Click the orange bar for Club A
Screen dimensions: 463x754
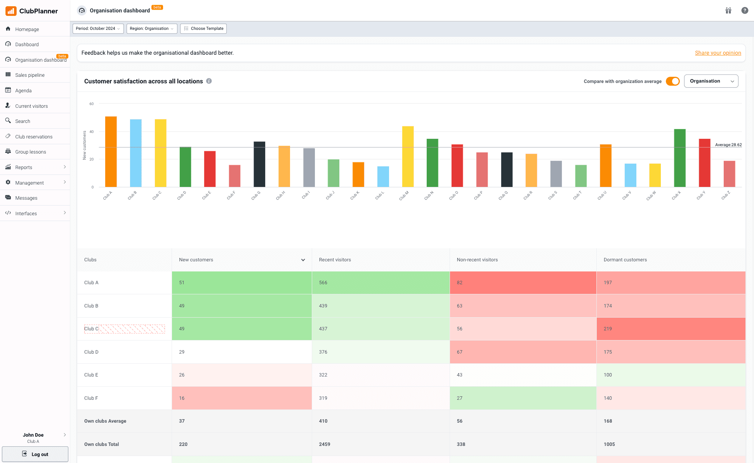pos(111,152)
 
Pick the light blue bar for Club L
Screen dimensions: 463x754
pos(383,176)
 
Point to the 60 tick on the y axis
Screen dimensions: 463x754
pos(92,104)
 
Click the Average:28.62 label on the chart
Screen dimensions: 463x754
pos(728,145)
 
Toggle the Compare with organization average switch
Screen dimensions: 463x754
pos(672,81)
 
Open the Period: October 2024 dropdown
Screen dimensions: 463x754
pos(98,29)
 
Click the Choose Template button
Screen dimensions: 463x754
pos(203,29)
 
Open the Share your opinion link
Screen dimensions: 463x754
pos(718,53)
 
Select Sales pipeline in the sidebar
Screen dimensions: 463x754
pos(30,75)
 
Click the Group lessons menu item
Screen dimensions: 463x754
pos(31,152)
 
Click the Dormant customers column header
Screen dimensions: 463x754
pos(625,260)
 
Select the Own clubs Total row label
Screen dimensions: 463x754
pos(102,444)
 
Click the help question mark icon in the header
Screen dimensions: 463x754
pos(744,10)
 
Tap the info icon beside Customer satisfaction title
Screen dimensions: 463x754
pos(209,81)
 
